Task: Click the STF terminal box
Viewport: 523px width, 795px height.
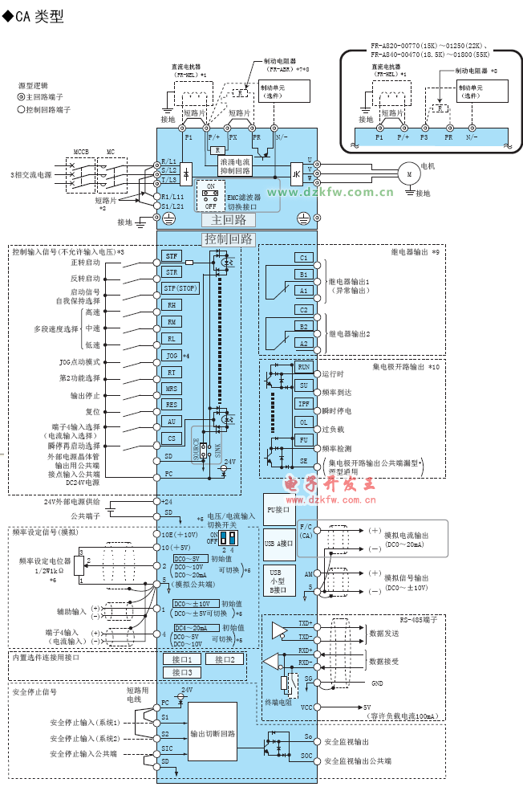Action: pyautogui.click(x=172, y=255)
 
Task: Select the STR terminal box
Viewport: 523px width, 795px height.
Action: pyautogui.click(x=172, y=272)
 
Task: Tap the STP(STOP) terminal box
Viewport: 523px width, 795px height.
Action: pyautogui.click(x=180, y=288)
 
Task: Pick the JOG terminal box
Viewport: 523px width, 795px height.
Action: pyautogui.click(x=172, y=355)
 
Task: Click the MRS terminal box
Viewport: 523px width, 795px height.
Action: pyautogui.click(x=172, y=388)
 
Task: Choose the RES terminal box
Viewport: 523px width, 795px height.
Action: pyautogui.click(x=172, y=405)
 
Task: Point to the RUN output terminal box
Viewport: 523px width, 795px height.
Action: pyautogui.click(x=303, y=366)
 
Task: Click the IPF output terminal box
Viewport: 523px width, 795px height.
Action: pyautogui.click(x=303, y=404)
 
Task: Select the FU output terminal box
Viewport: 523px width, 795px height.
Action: pyautogui.click(x=303, y=440)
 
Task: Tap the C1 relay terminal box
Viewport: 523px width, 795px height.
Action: pyautogui.click(x=303, y=258)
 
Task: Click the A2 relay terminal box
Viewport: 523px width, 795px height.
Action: pyautogui.click(x=303, y=343)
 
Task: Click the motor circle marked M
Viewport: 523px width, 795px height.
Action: pyautogui.click(x=408, y=173)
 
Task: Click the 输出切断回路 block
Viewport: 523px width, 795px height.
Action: pyautogui.click(x=213, y=733)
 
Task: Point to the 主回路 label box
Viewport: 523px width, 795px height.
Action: pyautogui.click(x=229, y=220)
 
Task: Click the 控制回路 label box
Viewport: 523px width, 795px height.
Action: pyautogui.click(x=229, y=238)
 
